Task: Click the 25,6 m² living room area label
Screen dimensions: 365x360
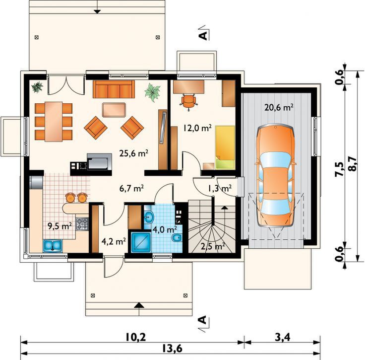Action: coord(134,153)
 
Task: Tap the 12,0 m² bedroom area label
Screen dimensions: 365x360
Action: coord(197,128)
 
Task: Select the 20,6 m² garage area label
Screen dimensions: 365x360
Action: coord(279,107)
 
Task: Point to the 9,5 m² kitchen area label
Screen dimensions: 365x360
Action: coord(60,226)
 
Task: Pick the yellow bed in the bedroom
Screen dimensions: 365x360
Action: coord(225,147)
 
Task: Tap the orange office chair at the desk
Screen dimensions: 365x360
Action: coord(188,101)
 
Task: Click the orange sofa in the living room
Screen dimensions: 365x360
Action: coord(114,89)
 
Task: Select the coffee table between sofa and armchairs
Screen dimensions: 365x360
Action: coord(114,110)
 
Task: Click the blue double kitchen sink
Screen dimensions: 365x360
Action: coord(53,246)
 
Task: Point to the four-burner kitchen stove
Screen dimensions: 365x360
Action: coord(82,224)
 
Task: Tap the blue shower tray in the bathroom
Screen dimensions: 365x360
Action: coord(141,242)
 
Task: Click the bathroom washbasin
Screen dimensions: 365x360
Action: coord(148,217)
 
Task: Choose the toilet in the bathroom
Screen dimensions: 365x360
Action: coord(177,238)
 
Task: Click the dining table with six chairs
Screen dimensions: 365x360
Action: coord(54,122)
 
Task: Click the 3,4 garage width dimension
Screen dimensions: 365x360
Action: coord(282,337)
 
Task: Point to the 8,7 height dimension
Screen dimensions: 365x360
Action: coord(352,164)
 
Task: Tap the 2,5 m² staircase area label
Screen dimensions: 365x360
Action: coord(213,246)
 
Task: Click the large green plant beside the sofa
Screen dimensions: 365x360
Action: coord(152,92)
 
